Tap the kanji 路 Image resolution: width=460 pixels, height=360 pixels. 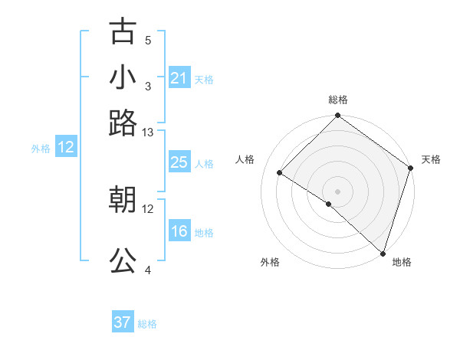(123, 123)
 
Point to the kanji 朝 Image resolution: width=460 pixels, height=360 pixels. (123, 200)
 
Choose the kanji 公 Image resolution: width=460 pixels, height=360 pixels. (123, 260)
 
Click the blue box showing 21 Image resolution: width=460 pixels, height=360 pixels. (179, 78)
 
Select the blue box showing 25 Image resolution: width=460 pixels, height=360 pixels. (179, 162)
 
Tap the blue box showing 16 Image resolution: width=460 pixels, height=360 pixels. (179, 231)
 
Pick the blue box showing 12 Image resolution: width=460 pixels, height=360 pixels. (66, 148)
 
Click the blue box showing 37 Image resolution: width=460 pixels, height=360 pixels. (123, 322)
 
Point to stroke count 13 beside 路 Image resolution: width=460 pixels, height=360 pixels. (148, 133)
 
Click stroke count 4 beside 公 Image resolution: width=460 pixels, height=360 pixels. (148, 270)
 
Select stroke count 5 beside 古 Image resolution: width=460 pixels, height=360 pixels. (148, 40)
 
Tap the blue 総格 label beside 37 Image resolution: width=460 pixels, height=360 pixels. (147, 324)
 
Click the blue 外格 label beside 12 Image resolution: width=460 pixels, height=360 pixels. (40, 149)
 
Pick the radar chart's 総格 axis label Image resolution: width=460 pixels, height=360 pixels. (337, 100)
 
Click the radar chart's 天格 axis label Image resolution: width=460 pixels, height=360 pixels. (431, 159)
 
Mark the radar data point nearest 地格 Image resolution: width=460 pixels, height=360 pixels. (383, 253)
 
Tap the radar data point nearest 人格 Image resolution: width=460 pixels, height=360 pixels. (281, 172)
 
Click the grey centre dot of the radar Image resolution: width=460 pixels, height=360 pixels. (337, 191)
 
